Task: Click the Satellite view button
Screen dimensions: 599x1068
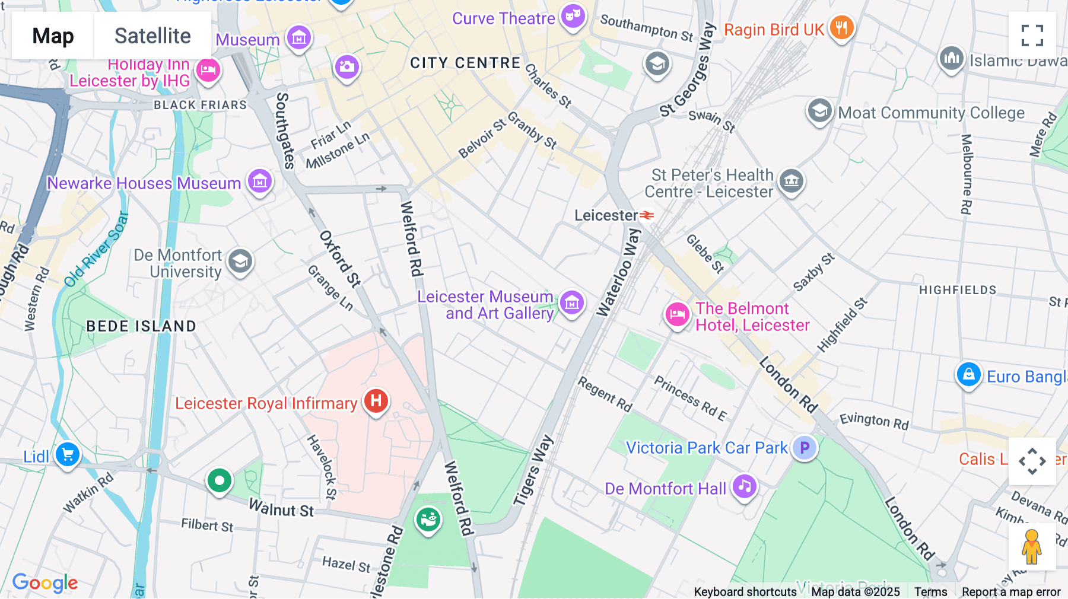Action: pyautogui.click(x=152, y=36)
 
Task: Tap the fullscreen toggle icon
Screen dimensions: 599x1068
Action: pyautogui.click(x=1032, y=36)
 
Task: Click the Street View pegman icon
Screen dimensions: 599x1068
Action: pyautogui.click(x=1032, y=547)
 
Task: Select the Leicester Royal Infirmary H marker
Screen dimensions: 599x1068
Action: pyautogui.click(x=376, y=402)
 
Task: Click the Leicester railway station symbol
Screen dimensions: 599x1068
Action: pyautogui.click(x=647, y=215)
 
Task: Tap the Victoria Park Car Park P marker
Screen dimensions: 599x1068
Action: pyautogui.click(x=805, y=448)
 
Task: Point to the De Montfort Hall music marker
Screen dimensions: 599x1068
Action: pyautogui.click(x=745, y=487)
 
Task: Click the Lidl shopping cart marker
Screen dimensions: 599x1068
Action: pyautogui.click(x=68, y=455)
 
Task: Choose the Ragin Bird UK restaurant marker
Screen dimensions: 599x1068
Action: pyautogui.click(x=841, y=27)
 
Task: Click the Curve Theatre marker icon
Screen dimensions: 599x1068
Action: pyautogui.click(x=573, y=16)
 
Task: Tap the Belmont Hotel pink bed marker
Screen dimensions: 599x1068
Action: pyautogui.click(x=677, y=314)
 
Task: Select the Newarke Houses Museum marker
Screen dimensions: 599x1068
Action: pyautogui.click(x=260, y=181)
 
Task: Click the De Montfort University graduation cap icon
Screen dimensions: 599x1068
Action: pyautogui.click(x=240, y=261)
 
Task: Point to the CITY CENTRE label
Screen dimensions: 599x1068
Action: pyautogui.click(x=465, y=63)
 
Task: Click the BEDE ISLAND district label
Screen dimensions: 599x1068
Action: pyautogui.click(x=141, y=326)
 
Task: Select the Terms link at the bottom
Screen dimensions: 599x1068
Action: pyautogui.click(x=930, y=592)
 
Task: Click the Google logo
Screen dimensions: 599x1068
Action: pyautogui.click(x=45, y=583)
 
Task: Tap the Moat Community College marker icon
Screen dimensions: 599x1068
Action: pyautogui.click(x=819, y=111)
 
